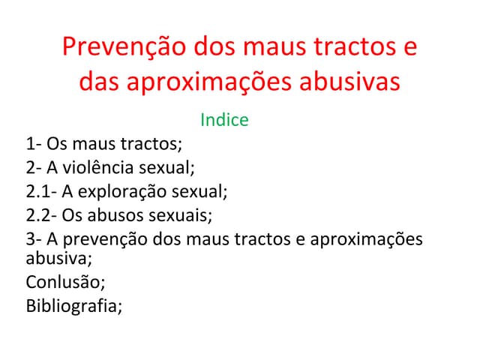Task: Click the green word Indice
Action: coord(224,120)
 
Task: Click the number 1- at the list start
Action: coord(34,143)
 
